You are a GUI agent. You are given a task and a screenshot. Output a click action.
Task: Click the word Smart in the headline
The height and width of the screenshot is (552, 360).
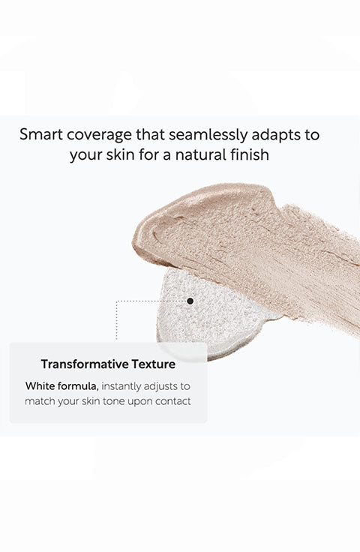pyautogui.click(x=40, y=134)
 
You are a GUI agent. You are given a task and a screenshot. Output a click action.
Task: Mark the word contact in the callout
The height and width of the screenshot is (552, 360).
pyautogui.click(x=173, y=401)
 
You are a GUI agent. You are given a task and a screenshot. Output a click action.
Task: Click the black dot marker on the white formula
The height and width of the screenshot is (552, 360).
pyautogui.click(x=190, y=301)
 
